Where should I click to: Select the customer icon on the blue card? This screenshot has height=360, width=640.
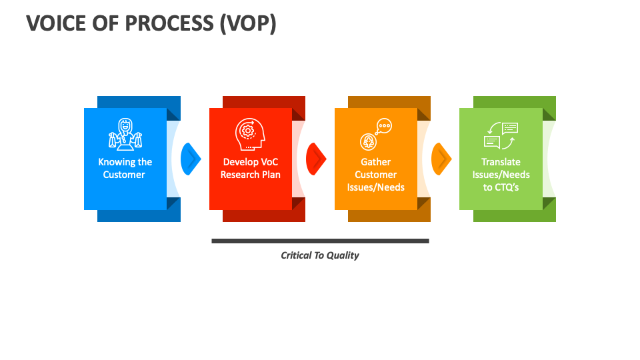pyautogui.click(x=125, y=134)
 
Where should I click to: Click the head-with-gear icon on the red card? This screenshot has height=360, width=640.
pyautogui.click(x=250, y=134)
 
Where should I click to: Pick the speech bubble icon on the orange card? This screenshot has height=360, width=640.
pyautogui.click(x=375, y=134)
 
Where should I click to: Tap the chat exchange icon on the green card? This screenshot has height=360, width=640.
pyautogui.click(x=501, y=135)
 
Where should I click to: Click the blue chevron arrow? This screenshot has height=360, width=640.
pyautogui.click(x=191, y=159)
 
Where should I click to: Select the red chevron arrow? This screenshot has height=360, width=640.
pyautogui.click(x=316, y=159)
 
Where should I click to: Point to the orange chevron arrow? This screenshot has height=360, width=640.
pyautogui.click(x=441, y=159)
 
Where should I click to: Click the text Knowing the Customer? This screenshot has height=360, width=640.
pyautogui.click(x=125, y=168)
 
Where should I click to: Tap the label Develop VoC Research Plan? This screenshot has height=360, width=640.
pyautogui.click(x=251, y=168)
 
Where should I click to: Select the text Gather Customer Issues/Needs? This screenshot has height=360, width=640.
pyautogui.click(x=375, y=174)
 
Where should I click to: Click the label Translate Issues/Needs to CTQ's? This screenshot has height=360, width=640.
pyautogui.click(x=501, y=174)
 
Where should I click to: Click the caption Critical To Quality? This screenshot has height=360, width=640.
pyautogui.click(x=320, y=255)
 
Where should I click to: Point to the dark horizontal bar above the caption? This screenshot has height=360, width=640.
pyautogui.click(x=320, y=241)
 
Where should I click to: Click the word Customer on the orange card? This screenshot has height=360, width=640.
pyautogui.click(x=375, y=175)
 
